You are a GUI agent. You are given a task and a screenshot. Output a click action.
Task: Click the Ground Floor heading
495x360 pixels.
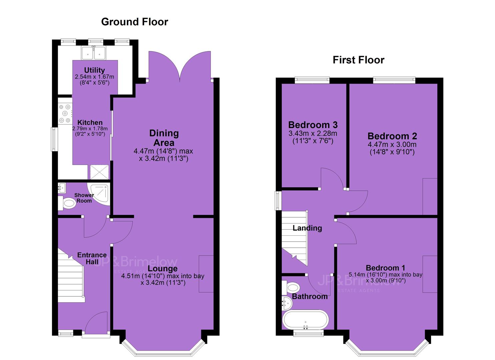pyautogui.click(x=135, y=22)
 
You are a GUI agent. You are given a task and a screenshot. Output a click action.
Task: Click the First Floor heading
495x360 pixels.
pyautogui.click(x=358, y=60)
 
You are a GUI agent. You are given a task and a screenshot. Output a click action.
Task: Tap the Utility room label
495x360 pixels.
pyautogui.click(x=94, y=70)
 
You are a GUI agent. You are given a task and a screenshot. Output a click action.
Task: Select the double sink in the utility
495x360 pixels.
pyautogui.click(x=93, y=53)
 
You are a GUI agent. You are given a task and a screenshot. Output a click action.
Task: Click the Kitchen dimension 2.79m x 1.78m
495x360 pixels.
pyautogui.click(x=90, y=128)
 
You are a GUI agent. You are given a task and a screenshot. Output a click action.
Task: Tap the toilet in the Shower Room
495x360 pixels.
pyautogui.click(x=67, y=203)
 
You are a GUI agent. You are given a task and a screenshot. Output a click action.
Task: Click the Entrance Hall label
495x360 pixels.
pyautogui.click(x=92, y=258)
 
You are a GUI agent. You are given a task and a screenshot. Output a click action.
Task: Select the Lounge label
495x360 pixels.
pyautogui.click(x=163, y=268)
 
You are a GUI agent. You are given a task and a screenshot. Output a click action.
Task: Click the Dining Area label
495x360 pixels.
pyautogui.click(x=164, y=138)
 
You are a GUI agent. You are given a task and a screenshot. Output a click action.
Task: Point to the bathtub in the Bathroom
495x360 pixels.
pyautogui.click(x=305, y=320)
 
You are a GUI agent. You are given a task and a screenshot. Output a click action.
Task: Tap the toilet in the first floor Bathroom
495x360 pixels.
pyautogui.click(x=291, y=288)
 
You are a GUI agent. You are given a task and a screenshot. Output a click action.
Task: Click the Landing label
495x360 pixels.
pyautogui.click(x=307, y=228)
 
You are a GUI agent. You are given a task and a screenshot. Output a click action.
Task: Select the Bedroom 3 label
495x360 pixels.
pyautogui.click(x=313, y=125)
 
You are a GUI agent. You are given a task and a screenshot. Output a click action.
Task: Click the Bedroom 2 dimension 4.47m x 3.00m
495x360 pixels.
pyautogui.click(x=392, y=145)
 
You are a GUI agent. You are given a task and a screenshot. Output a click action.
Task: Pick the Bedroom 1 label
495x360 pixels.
pyautogui.click(x=385, y=268)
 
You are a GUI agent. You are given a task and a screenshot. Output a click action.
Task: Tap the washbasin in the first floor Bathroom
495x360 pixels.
pyautogui.click(x=287, y=303)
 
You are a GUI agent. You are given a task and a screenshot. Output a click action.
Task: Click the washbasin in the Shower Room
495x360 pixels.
pyautogui.click(x=62, y=188)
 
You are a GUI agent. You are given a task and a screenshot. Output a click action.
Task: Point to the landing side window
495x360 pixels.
pyautogui.click(x=277, y=201)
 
